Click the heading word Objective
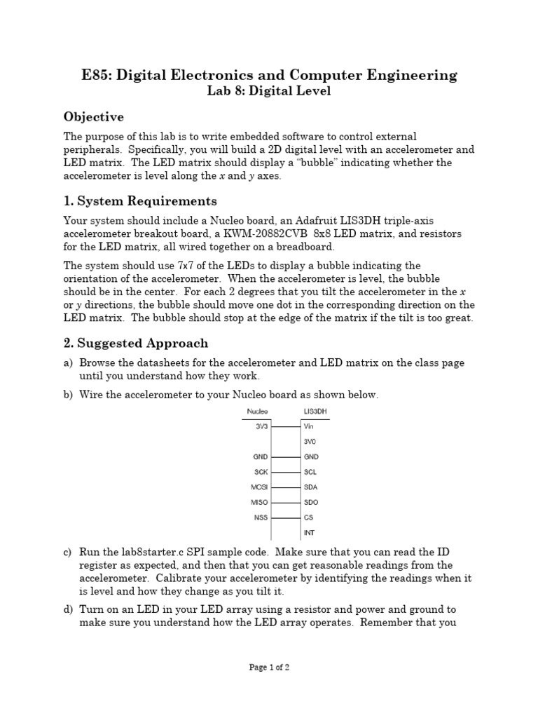coord(94,116)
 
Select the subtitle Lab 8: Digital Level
coord(269,90)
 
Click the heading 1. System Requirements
coord(140,201)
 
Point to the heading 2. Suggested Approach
coord(136,343)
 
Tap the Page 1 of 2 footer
coord(269,668)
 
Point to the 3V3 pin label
coord(262,426)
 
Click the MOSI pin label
coord(260,487)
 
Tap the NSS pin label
coord(261,517)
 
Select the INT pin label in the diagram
coord(308,533)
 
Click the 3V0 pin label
coord(310,441)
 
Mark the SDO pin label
coord(310,502)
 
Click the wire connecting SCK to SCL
coord(285,472)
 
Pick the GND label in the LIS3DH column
coord(310,456)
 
